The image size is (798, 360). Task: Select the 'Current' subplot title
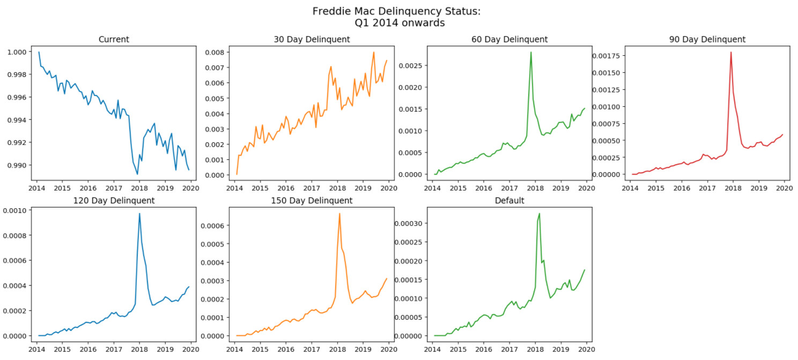(x=114, y=39)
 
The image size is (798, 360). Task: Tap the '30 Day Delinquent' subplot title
(x=312, y=39)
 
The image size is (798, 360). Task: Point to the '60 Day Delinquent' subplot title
(x=509, y=39)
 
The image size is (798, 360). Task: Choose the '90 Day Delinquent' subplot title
(x=707, y=39)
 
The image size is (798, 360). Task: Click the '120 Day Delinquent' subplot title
(x=114, y=200)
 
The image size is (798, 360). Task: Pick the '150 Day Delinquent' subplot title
(x=312, y=200)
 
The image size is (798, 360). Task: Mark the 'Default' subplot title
(x=509, y=200)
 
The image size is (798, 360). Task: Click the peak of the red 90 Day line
(x=731, y=52)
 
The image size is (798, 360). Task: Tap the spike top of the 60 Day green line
(x=531, y=52)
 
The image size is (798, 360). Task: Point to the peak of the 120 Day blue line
(x=139, y=214)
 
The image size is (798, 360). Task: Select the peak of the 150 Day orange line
(x=339, y=214)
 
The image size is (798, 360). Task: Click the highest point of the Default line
(x=539, y=214)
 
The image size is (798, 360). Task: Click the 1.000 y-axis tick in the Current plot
(x=18, y=52)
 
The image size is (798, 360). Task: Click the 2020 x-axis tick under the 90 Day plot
(x=785, y=189)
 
